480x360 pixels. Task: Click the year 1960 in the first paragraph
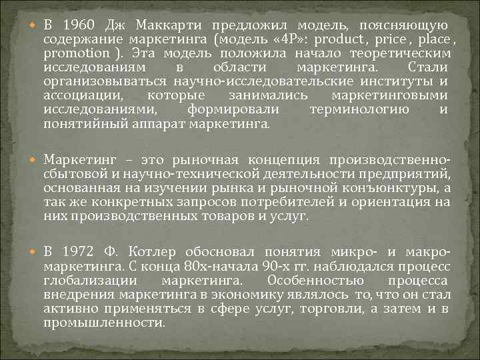pos(79,25)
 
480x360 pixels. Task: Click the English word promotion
pos(75,53)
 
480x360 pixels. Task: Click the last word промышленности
pos(103,322)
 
